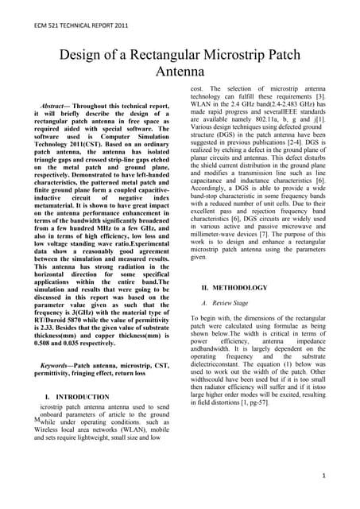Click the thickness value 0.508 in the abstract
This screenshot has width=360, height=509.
[x=50, y=335]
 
